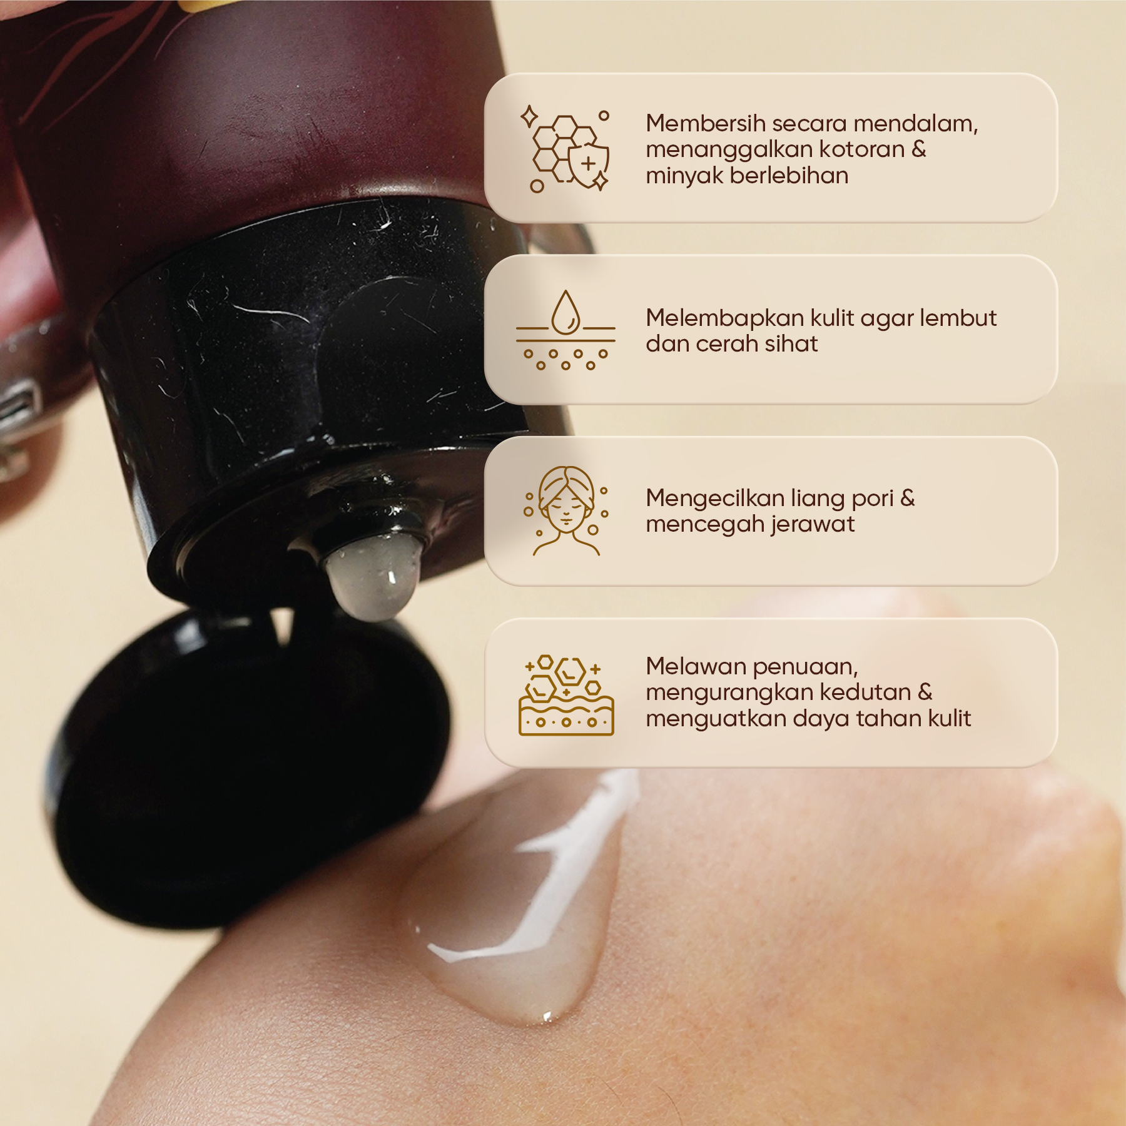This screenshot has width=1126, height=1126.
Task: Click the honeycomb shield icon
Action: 566,149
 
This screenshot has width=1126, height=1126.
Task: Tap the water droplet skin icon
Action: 566,330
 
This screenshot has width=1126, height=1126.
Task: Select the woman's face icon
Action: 566,510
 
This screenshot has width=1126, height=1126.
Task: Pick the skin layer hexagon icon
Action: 566,694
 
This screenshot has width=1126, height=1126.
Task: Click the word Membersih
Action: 706,123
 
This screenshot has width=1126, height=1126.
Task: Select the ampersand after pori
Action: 908,499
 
